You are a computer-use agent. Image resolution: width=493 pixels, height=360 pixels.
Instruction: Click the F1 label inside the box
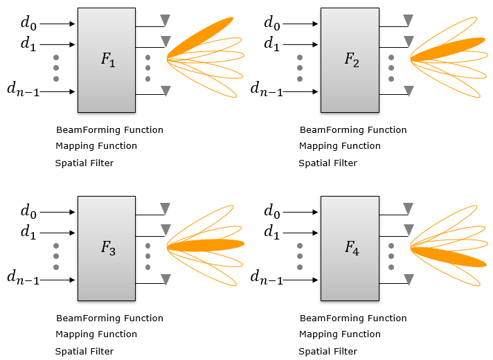tap(107, 60)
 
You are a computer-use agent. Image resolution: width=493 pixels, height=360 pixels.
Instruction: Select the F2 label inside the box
tap(351, 60)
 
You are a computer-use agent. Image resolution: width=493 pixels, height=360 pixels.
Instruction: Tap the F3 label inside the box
tap(107, 248)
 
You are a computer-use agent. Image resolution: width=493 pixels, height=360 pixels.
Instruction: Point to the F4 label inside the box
tap(351, 248)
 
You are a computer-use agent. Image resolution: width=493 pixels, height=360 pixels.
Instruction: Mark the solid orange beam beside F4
tap(450, 256)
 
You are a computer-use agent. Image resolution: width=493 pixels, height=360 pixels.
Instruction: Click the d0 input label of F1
tap(28, 23)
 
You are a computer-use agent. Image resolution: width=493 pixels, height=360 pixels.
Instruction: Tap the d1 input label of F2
tap(272, 44)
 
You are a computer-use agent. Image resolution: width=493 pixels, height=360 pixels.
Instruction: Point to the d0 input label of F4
tap(272, 211)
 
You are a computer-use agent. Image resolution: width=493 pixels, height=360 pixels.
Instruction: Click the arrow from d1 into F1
tap(59, 43)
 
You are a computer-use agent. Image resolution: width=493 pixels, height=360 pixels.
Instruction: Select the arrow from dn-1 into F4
tap(303, 280)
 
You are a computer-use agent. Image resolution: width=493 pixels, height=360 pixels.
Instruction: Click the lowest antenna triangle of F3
tap(165, 279)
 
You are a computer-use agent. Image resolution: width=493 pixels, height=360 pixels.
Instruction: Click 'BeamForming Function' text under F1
tap(109, 129)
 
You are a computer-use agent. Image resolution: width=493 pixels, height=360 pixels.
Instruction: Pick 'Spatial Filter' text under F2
tap(328, 163)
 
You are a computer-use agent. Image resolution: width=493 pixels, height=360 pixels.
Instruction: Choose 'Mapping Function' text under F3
tap(96, 334)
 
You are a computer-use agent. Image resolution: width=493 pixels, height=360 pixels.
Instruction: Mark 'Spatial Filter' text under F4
tap(328, 351)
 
